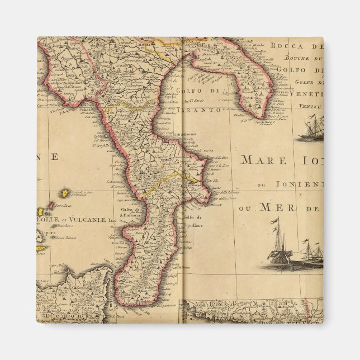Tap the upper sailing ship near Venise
coord(311,129)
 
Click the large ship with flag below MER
coord(280,246)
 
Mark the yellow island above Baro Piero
coord(64,193)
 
